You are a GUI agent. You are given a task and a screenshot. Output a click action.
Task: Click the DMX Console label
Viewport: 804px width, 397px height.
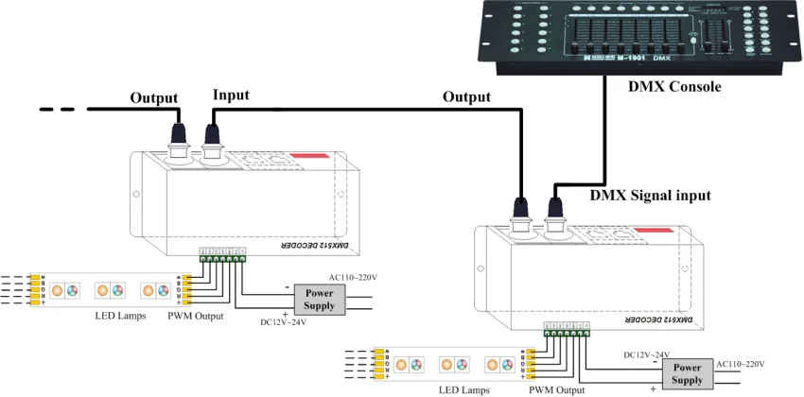pos(674,87)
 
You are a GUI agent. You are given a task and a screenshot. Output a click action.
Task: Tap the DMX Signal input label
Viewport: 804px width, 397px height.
pos(650,196)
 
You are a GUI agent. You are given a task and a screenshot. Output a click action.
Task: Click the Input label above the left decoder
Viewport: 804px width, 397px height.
pos(231,95)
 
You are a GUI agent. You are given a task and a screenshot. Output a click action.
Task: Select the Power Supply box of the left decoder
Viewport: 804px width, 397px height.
pos(319,300)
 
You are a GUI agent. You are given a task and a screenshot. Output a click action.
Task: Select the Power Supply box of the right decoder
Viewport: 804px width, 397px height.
pos(687,373)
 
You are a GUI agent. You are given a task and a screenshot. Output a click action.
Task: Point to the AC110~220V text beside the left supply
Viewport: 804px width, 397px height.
pos(352,277)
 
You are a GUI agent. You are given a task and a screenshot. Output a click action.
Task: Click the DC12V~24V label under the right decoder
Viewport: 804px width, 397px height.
pos(647,354)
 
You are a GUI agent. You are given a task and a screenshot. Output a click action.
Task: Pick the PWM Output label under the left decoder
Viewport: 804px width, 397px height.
pos(195,316)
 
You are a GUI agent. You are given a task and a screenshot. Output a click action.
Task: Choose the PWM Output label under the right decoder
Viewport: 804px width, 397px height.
pos(556,389)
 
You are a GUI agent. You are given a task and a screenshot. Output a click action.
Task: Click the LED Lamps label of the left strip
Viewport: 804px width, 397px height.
pos(120,316)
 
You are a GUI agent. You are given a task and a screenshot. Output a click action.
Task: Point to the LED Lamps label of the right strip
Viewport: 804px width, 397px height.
pos(463,389)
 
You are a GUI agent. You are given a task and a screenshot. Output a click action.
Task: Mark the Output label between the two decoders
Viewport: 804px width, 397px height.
pos(466,97)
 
